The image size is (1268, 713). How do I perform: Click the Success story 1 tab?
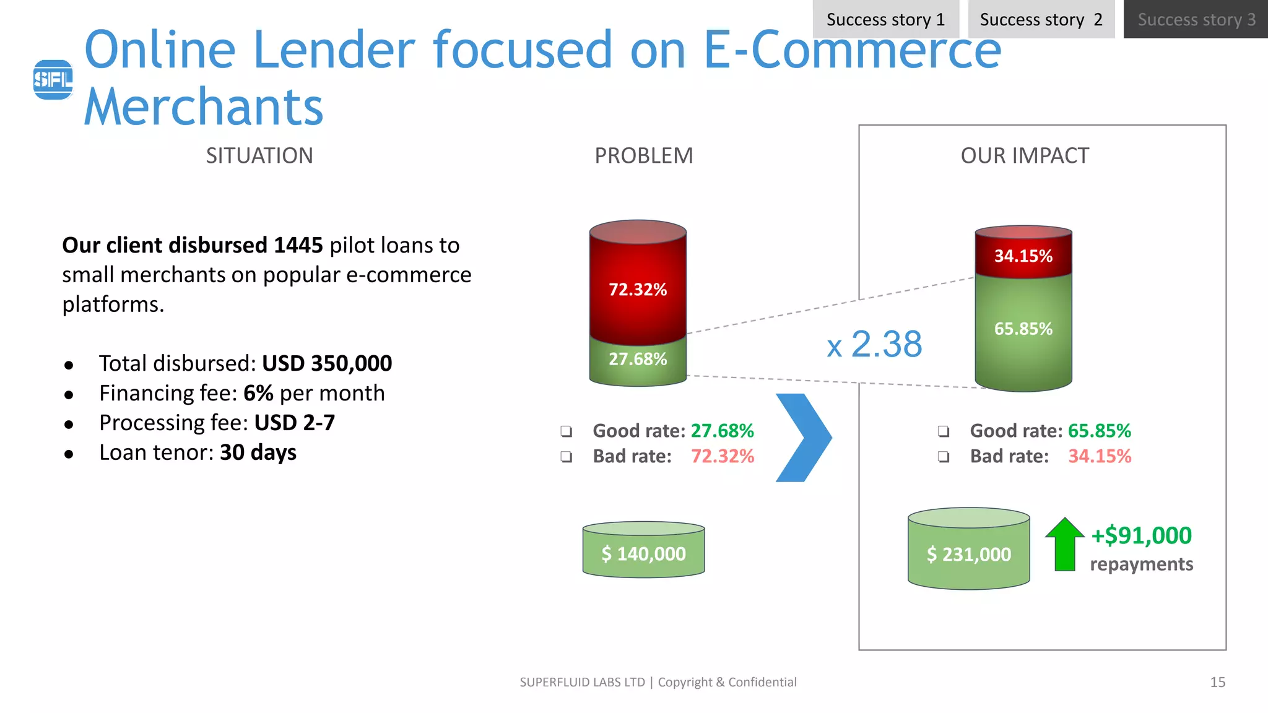[x=885, y=19]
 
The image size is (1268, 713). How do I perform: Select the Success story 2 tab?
[x=1041, y=19]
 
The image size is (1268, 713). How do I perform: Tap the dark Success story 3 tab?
[x=1196, y=19]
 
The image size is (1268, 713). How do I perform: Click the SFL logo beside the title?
[x=53, y=79]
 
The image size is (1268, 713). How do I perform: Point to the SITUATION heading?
[x=259, y=155]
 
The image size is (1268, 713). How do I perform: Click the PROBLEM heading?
[x=643, y=155]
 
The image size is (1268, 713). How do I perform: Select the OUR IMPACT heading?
[x=1025, y=155]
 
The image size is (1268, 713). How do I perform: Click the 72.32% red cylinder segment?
[x=638, y=289]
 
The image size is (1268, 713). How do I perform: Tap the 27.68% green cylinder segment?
[x=638, y=360]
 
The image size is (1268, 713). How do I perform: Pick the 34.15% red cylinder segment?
[x=1023, y=256]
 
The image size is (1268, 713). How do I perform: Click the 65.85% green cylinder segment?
[x=1023, y=329]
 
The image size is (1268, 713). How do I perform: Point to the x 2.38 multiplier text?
[x=875, y=344]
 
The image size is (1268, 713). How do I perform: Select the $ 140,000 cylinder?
[x=643, y=552]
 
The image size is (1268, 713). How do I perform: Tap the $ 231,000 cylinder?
[x=968, y=553]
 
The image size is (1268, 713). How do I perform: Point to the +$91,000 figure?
[x=1141, y=535]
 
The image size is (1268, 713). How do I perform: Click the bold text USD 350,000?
[x=327, y=363]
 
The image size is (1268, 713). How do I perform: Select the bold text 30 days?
[x=258, y=452]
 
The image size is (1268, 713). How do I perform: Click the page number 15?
[x=1217, y=682]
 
